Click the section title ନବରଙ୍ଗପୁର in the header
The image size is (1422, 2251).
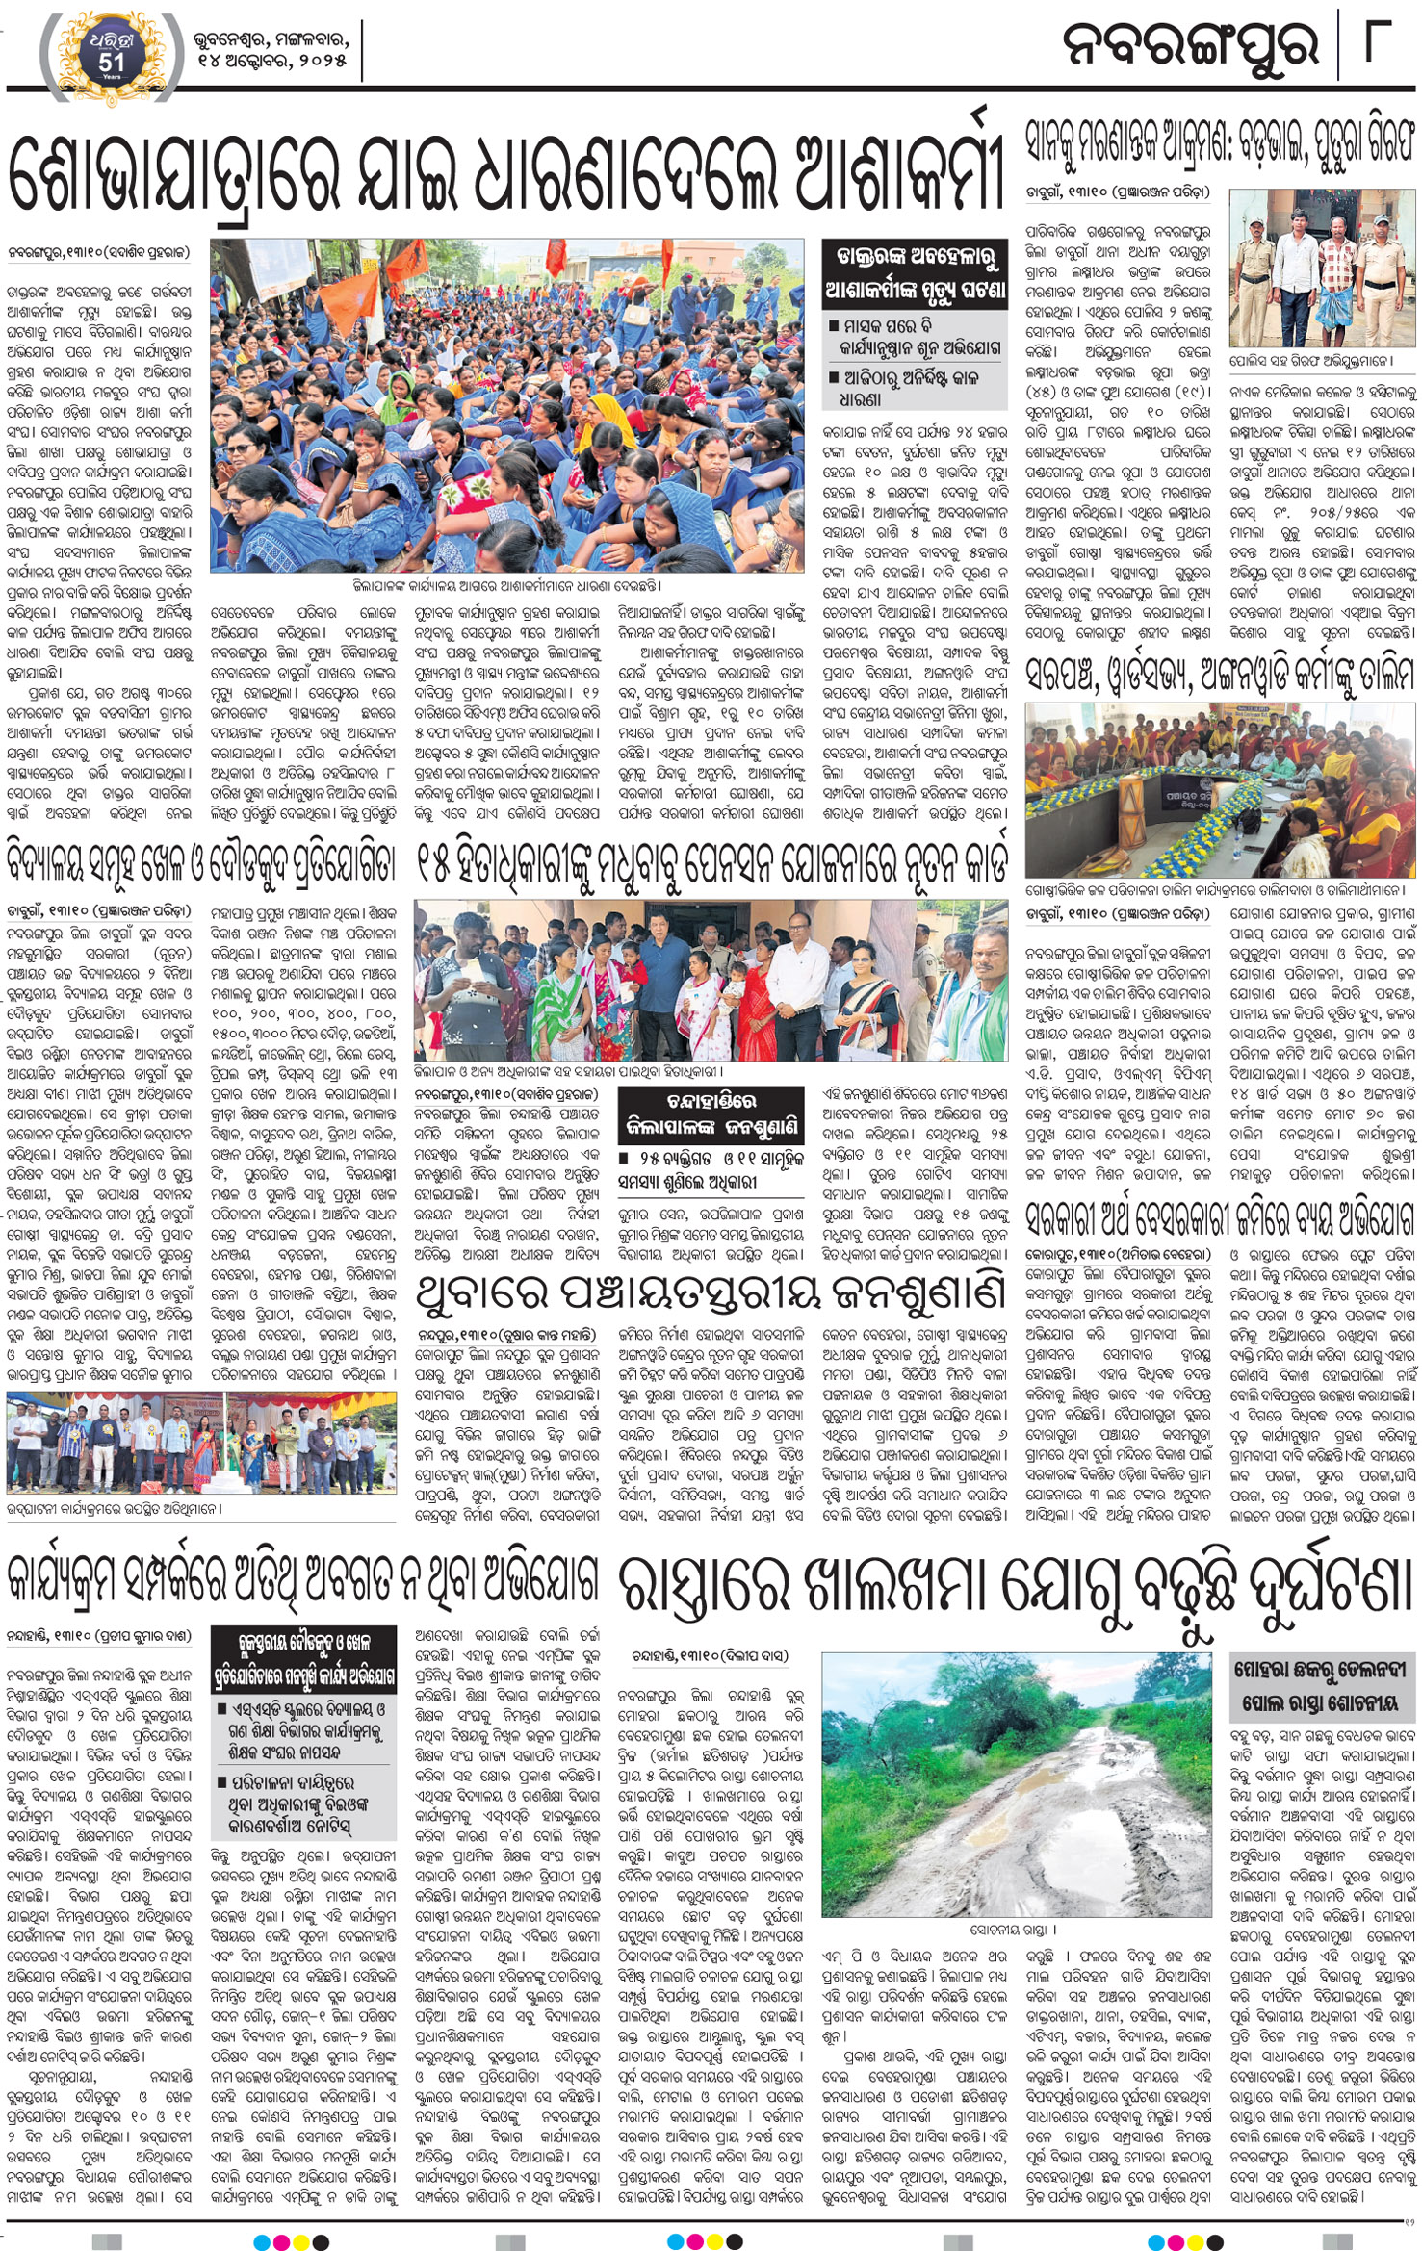pyautogui.click(x=1190, y=45)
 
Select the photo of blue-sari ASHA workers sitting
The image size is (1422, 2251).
pyautogui.click(x=506, y=407)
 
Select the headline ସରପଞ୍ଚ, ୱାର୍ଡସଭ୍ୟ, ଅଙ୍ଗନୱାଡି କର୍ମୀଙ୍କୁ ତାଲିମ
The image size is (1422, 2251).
pyautogui.click(x=1220, y=670)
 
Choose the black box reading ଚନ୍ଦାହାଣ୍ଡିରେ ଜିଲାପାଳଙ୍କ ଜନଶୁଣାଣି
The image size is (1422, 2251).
pyautogui.click(x=711, y=1113)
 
